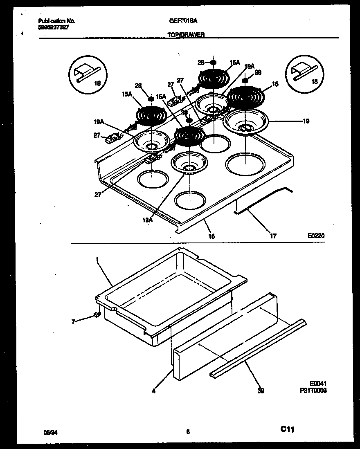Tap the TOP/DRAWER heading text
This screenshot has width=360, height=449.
tap(186, 35)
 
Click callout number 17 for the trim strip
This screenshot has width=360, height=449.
tap(273, 236)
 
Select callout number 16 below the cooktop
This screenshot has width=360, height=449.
tap(211, 236)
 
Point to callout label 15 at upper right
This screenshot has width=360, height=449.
tap(275, 84)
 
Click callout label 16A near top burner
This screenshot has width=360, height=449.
tap(234, 63)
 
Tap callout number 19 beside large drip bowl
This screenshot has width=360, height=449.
tap(306, 121)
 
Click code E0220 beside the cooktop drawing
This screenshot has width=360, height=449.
tap(316, 236)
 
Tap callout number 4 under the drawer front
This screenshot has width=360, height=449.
tap(153, 391)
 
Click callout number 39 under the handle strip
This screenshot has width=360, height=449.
tap(261, 391)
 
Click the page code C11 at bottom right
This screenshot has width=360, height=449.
tap(288, 429)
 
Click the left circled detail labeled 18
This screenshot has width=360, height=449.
tap(85, 76)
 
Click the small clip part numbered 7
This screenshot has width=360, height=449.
tap(97, 314)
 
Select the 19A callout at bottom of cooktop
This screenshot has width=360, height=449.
tap(148, 220)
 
